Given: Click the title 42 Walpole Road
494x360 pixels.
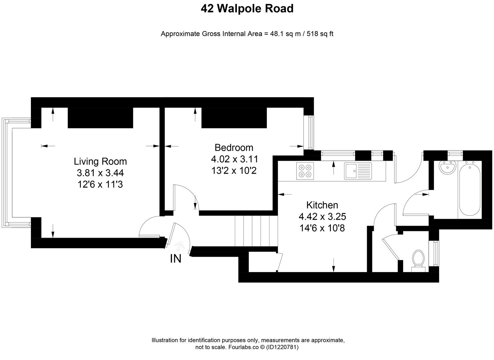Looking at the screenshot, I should tap(247, 9).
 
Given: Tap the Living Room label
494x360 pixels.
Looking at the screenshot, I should tap(100, 161).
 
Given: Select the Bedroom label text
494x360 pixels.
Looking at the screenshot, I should tap(234, 147).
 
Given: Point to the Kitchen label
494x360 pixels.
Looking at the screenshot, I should tap(322, 205).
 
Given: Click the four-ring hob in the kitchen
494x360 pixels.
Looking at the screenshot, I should tap(305, 171).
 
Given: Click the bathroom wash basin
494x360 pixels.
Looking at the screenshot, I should tap(447, 167).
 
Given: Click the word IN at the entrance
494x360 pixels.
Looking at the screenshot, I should tap(176, 259).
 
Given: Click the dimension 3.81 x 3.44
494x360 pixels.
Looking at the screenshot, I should tap(100, 173).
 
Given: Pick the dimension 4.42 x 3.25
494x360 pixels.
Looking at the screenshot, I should tap(322, 217).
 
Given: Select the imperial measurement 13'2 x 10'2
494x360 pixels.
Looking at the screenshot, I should tap(234, 171).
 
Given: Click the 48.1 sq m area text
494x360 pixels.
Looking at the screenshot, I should tap(284, 34).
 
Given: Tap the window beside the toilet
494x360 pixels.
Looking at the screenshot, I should tap(435, 253).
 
